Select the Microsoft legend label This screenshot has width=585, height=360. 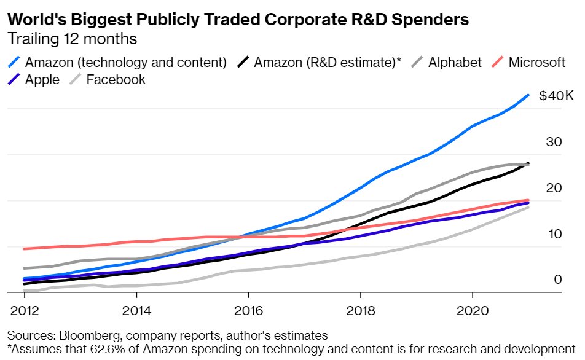click(536, 63)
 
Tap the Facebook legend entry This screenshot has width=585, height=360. click(116, 79)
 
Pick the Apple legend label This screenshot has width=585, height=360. click(42, 79)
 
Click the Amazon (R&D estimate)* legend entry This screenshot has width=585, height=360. click(327, 63)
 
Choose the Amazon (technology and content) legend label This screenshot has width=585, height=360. click(126, 63)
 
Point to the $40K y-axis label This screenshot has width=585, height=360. click(556, 96)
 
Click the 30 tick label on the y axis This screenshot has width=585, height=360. click(554, 142)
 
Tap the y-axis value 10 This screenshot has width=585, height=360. click(554, 234)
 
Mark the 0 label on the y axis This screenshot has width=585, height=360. click(556, 280)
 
